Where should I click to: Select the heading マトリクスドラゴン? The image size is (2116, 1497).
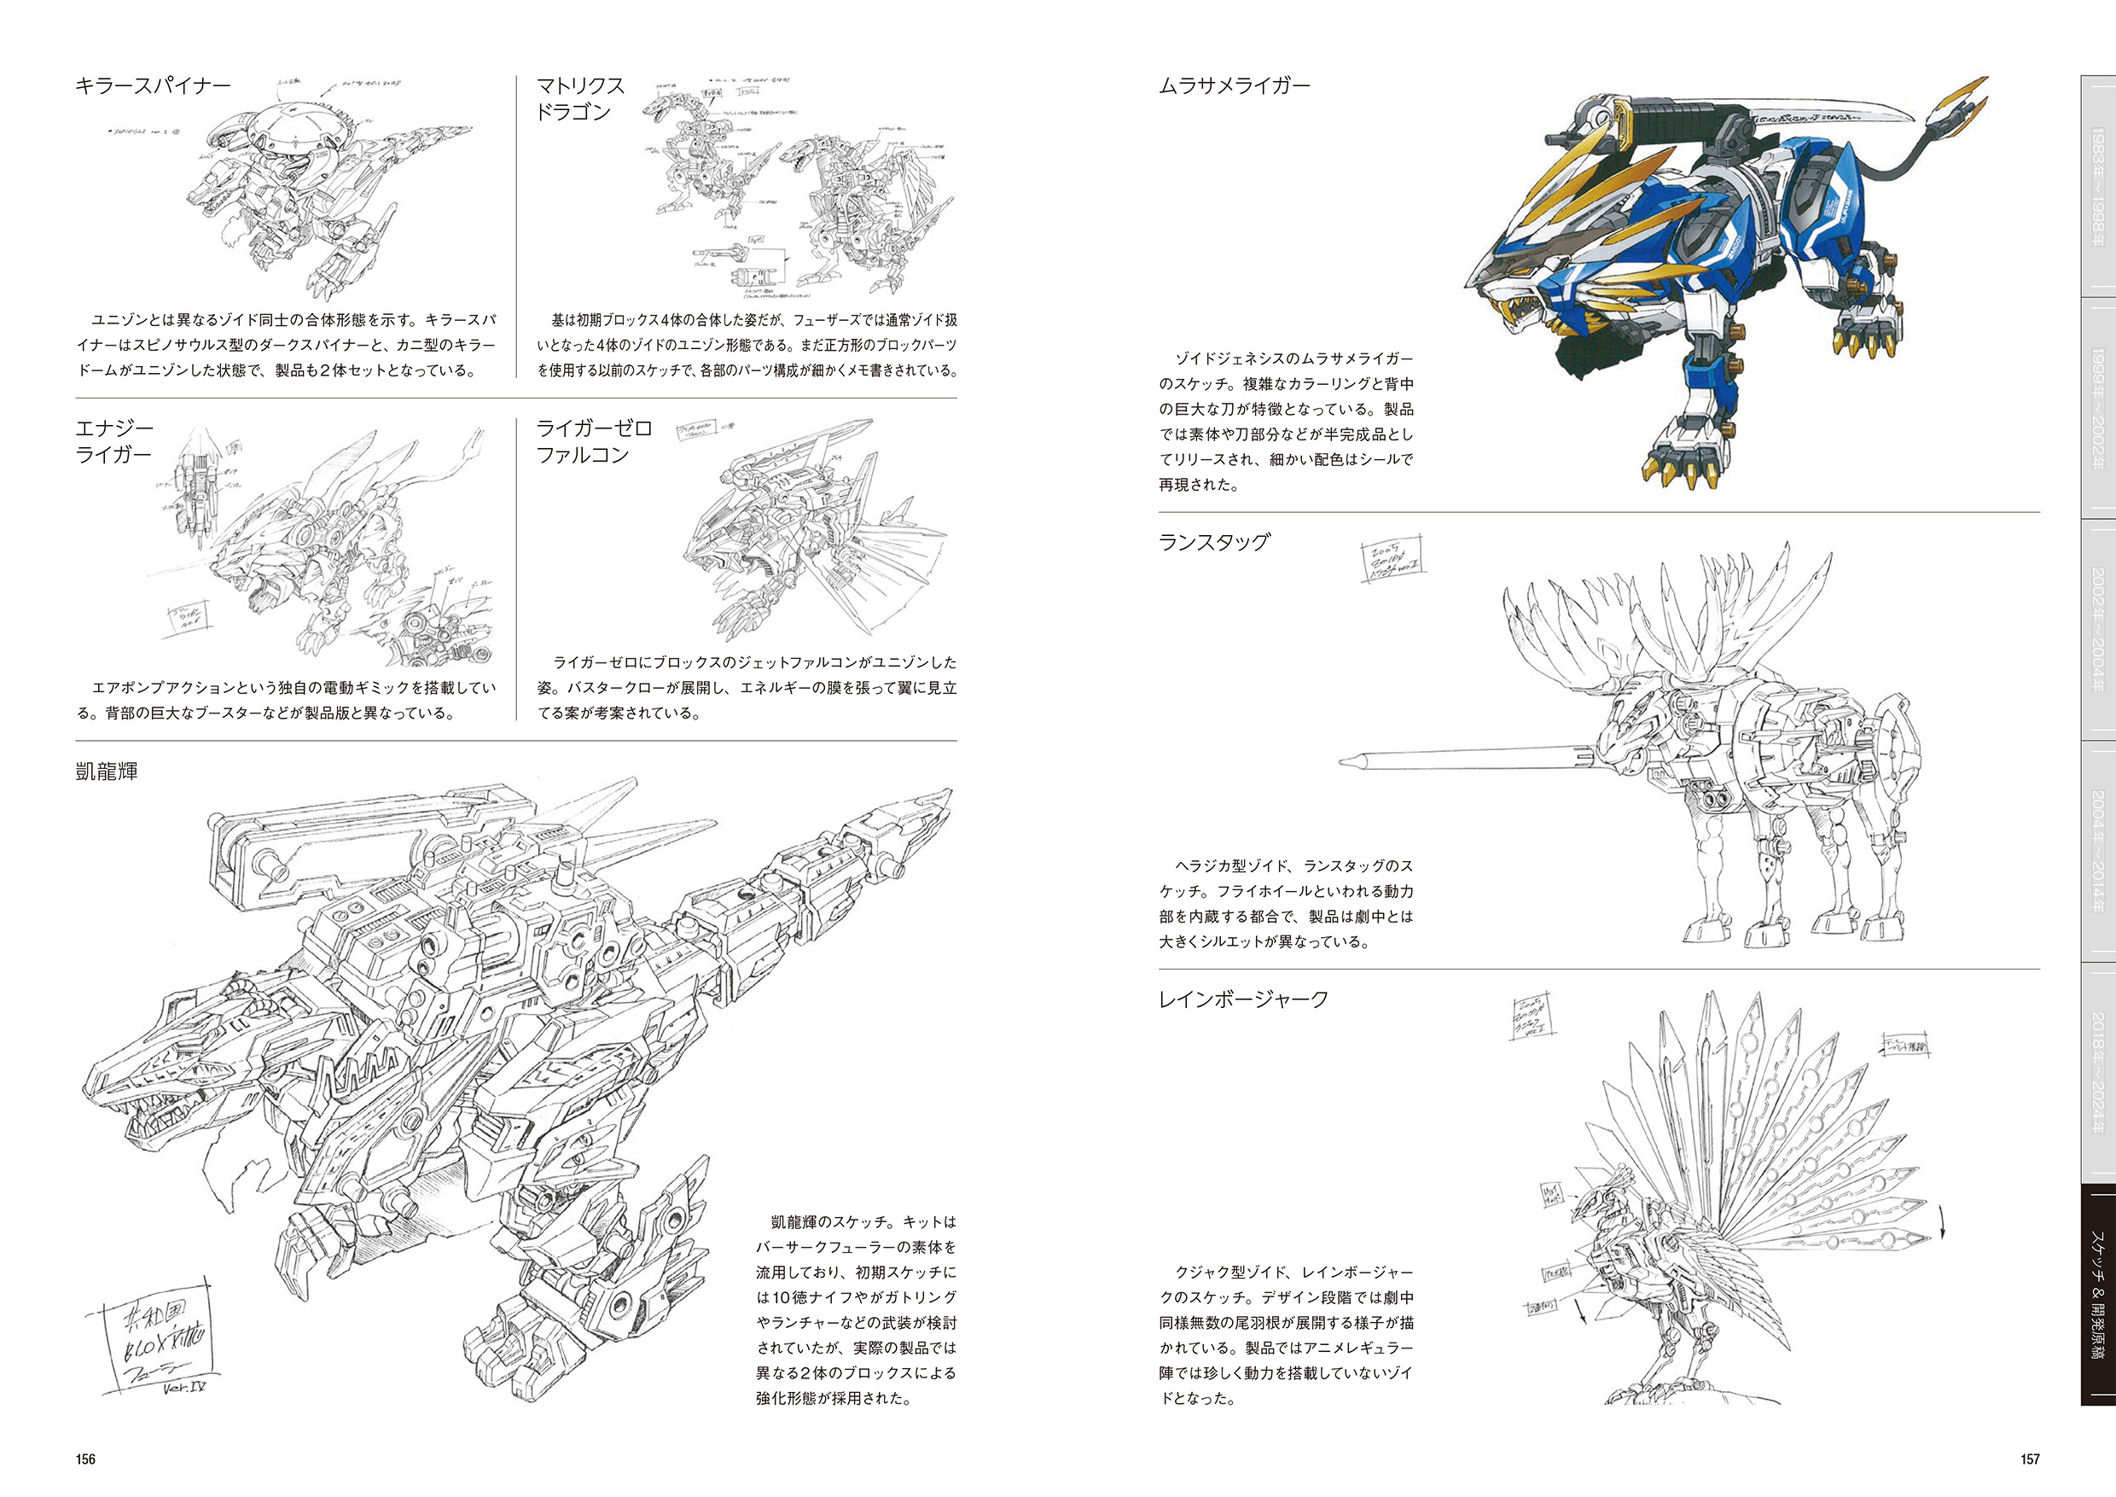click(580, 99)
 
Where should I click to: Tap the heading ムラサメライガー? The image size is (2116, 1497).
click(1234, 85)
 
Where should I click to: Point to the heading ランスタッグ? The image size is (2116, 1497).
click(1214, 542)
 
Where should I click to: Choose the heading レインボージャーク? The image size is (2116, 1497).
click(1243, 999)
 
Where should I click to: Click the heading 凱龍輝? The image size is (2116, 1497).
click(107, 772)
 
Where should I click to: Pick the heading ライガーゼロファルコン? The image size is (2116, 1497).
click(594, 441)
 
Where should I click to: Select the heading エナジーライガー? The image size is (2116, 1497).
click(114, 441)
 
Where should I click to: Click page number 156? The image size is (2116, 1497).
click(85, 1459)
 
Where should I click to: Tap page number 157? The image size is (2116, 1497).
click(2031, 1459)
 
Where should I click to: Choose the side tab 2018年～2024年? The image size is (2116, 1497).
click(2096, 1073)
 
